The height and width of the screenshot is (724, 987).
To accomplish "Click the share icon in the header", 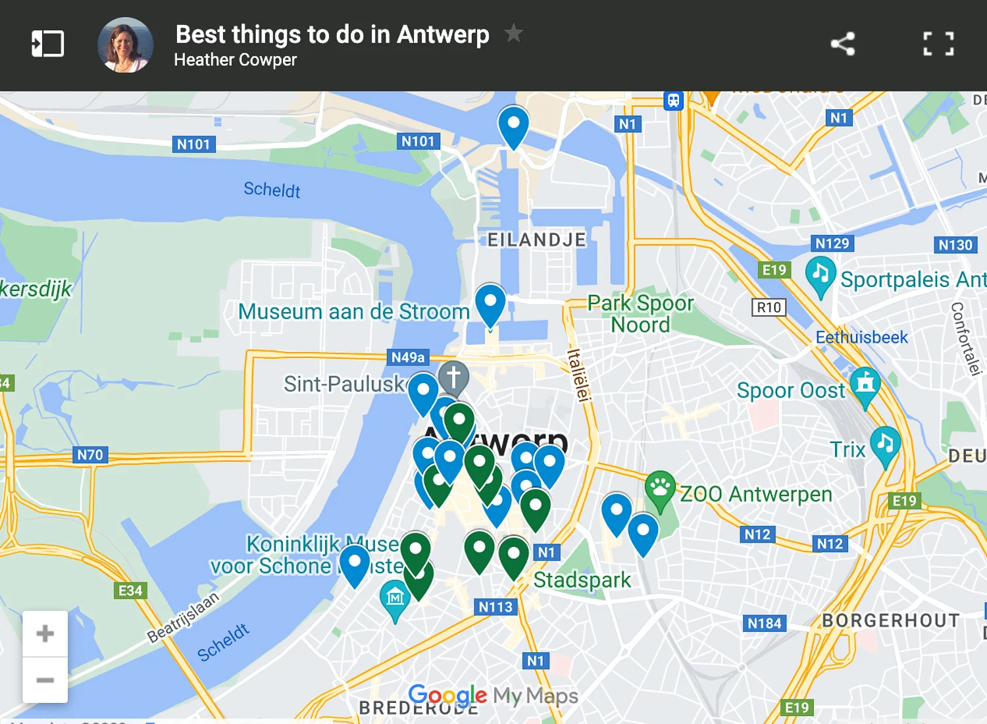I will click(843, 44).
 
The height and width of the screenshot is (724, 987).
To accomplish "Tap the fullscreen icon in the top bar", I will click(938, 44).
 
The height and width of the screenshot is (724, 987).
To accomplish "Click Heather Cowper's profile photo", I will click(126, 45).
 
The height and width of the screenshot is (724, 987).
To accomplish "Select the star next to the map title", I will click(513, 32).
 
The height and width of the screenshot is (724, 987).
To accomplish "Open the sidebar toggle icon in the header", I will click(48, 44).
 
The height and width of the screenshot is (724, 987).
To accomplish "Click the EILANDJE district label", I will click(536, 240).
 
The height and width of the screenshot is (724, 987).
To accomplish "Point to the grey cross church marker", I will click(453, 377).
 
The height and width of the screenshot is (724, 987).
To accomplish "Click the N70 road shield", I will click(90, 455).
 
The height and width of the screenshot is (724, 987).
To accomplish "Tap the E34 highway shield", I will click(130, 590).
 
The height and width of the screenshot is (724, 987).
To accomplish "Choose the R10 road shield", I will click(769, 307).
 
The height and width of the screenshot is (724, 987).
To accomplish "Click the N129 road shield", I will click(832, 244).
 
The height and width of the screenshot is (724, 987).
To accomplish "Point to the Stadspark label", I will click(582, 580).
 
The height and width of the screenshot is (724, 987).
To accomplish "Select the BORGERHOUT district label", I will click(890, 621).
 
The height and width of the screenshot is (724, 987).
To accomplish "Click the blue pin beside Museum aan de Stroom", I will click(490, 303).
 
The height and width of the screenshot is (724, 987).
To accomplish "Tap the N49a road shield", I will click(408, 357).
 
